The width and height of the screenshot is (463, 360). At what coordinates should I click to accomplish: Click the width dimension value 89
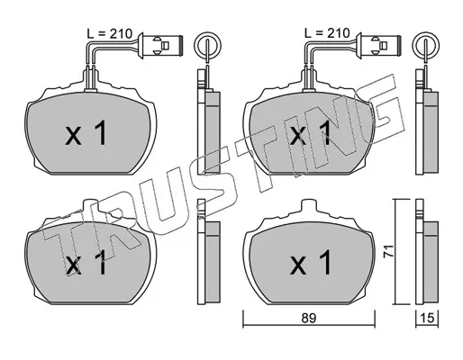point(309,319)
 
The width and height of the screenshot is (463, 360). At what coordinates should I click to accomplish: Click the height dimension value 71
point(388,251)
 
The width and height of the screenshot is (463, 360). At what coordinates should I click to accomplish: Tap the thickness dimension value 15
point(428,319)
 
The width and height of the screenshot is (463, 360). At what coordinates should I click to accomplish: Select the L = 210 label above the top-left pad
point(110,33)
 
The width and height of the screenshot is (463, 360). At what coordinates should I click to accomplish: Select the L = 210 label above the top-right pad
point(327,33)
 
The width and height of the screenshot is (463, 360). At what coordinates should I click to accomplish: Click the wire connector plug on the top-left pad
point(160,45)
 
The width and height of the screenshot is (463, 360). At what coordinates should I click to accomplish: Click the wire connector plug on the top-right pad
point(378,45)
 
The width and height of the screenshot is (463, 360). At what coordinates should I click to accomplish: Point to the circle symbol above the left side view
point(207,45)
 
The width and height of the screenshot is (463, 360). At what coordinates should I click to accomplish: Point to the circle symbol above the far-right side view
point(426,45)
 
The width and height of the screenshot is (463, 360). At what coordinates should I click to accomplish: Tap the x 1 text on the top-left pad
point(86,133)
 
